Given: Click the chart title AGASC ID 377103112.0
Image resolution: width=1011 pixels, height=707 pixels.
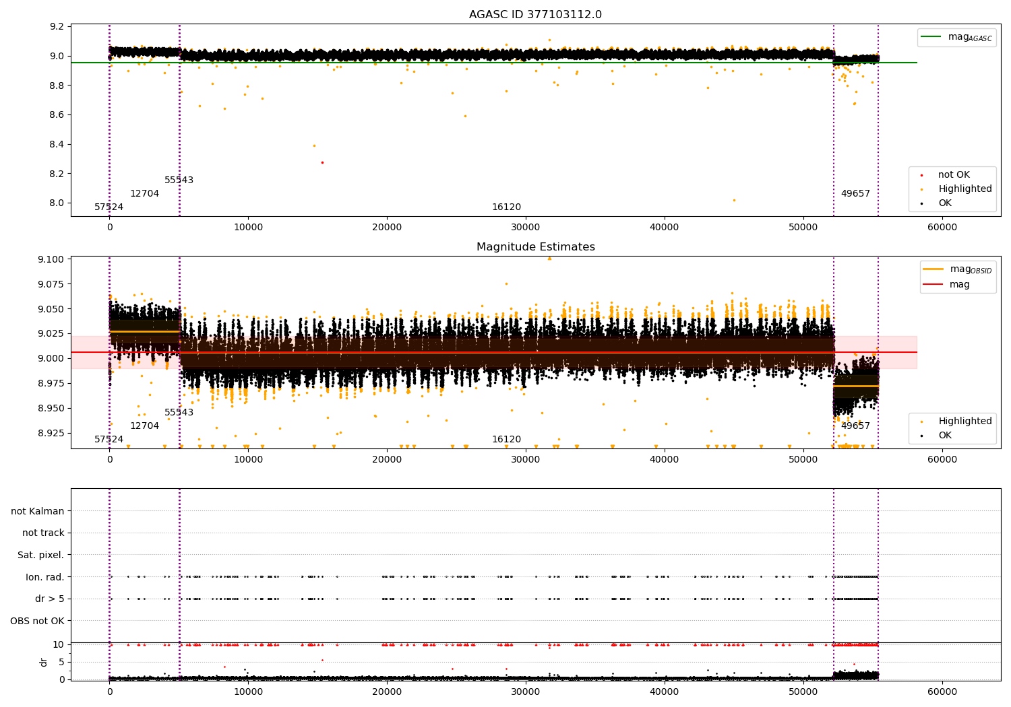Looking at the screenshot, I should (535, 15).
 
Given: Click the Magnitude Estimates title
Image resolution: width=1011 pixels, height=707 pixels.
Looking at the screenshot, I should (535, 247).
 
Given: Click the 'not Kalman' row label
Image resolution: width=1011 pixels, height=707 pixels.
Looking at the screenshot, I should (38, 511).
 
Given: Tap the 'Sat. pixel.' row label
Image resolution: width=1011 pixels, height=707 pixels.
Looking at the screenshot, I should (40, 555).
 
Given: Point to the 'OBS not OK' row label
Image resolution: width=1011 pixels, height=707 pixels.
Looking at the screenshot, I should (37, 621).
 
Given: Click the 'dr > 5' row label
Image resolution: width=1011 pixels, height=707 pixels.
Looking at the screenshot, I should (49, 599).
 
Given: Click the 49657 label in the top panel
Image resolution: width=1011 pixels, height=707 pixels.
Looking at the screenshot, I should (855, 194).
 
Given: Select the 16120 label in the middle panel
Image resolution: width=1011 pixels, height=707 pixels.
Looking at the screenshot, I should (506, 440).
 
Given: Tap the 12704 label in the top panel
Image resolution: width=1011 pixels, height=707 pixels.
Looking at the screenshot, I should (144, 194).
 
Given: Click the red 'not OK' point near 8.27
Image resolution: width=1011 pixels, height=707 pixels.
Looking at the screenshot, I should (322, 162).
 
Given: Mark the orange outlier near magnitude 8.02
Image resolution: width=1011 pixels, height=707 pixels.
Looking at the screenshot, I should (734, 200).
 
